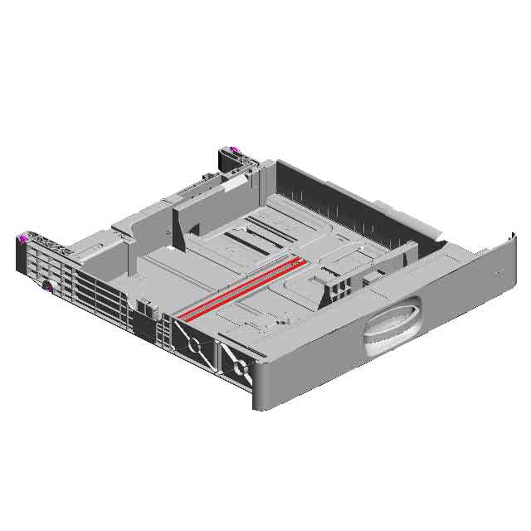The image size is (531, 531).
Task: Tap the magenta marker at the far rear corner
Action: [234, 150]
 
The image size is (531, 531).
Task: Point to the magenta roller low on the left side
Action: [48, 289]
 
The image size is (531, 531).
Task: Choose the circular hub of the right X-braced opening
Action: [238, 366]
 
